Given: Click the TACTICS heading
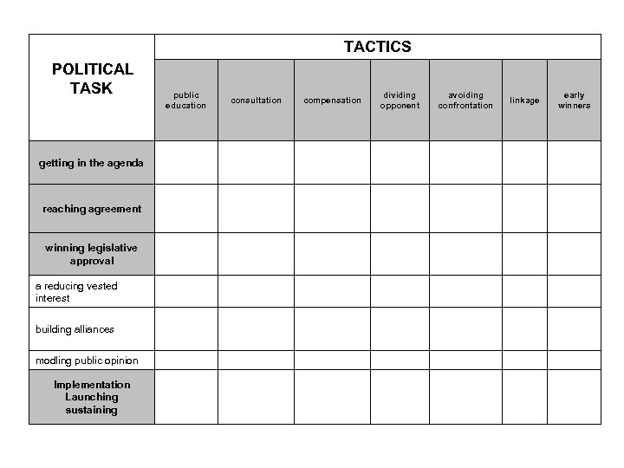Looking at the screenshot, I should tap(377, 47).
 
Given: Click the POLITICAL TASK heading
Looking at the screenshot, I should tap(92, 78).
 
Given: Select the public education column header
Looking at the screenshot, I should tap(185, 101).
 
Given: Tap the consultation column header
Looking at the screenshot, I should tap(256, 101).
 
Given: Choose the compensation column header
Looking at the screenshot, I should tap(332, 101).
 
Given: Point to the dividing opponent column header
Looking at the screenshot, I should tap(400, 101).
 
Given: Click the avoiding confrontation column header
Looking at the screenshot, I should tap(465, 101).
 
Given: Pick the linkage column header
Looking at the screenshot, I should tap(523, 101).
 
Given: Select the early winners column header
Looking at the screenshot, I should tap(574, 101).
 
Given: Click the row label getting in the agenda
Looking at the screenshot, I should tap(91, 163).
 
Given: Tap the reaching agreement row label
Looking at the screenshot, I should tap(92, 209).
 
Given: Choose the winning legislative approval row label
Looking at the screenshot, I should tap(91, 254).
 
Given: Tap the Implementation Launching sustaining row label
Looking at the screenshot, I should tap(92, 398).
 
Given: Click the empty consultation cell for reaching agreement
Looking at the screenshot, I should tap(256, 208).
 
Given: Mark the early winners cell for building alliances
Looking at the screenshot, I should tap(574, 329).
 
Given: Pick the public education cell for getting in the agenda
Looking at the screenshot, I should tap(185, 163).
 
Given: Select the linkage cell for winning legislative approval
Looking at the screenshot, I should tap(523, 254).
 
